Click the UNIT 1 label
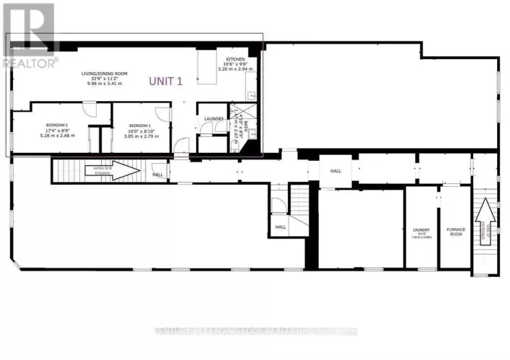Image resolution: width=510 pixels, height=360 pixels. point(166,82)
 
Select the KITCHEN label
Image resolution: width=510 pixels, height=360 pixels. point(236,59)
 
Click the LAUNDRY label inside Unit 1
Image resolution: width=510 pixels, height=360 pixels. point(213,119)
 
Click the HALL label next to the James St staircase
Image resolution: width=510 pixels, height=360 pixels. point(157,174)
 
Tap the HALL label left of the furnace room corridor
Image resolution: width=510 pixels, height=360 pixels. point(335,171)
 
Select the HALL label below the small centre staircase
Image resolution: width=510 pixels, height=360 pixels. point(281,227)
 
